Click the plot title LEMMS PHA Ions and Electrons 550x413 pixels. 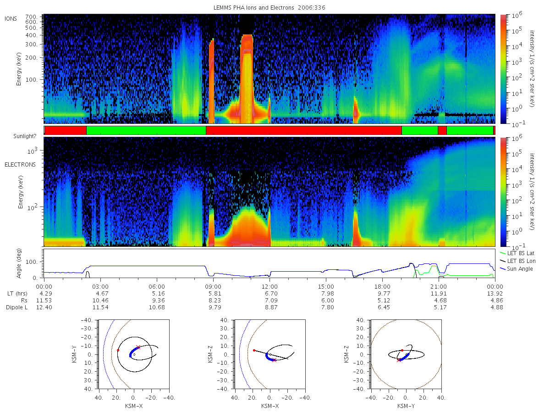pyautogui.click(x=253, y=8)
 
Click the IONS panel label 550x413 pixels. pyautogui.click(x=11, y=19)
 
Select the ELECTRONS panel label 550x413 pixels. pyautogui.click(x=20, y=165)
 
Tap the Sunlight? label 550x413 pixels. pyautogui.click(x=25, y=136)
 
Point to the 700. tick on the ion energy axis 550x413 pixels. pyautogui.click(x=31, y=17)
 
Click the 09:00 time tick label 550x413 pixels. pyautogui.click(x=213, y=287)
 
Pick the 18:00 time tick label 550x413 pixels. pyautogui.click(x=382, y=287)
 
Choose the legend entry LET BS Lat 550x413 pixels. pyautogui.click(x=520, y=253)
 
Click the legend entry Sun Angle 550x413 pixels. pyautogui.click(x=520, y=269)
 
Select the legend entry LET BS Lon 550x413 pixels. pyautogui.click(x=521, y=261)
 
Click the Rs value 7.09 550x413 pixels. pyautogui.click(x=271, y=301)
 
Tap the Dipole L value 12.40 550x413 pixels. pyautogui.click(x=44, y=307)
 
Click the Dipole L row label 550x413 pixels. pyautogui.click(x=16, y=307)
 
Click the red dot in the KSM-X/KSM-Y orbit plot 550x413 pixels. pyautogui.click(x=118, y=350)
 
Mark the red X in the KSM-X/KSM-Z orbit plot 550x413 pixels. pyautogui.click(x=275, y=360)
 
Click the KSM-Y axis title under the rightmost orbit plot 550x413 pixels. pyautogui.click(x=406, y=406)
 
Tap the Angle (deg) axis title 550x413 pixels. pyautogui.click(x=19, y=263)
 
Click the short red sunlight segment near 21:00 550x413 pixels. pyautogui.click(x=442, y=130)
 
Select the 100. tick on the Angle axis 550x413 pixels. pyautogui.click(x=32, y=262)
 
